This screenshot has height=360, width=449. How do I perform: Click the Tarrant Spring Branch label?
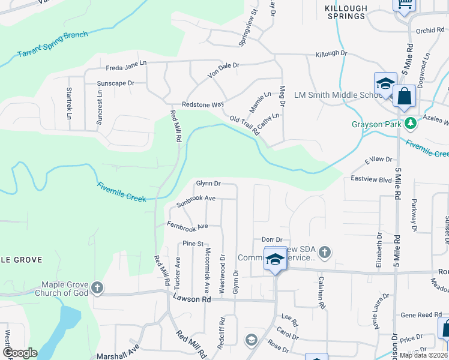(53, 44)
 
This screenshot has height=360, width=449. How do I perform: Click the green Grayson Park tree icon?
(411, 124)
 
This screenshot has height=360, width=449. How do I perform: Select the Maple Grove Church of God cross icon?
(97, 289)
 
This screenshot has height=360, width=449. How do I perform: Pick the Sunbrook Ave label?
(196, 201)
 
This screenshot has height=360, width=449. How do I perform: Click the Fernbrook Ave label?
(187, 225)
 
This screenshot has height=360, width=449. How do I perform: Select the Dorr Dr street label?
(271, 240)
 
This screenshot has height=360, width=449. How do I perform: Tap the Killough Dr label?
(331, 54)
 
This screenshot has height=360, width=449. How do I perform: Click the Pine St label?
(190, 244)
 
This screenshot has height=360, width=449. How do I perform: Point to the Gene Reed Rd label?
(421, 315)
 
